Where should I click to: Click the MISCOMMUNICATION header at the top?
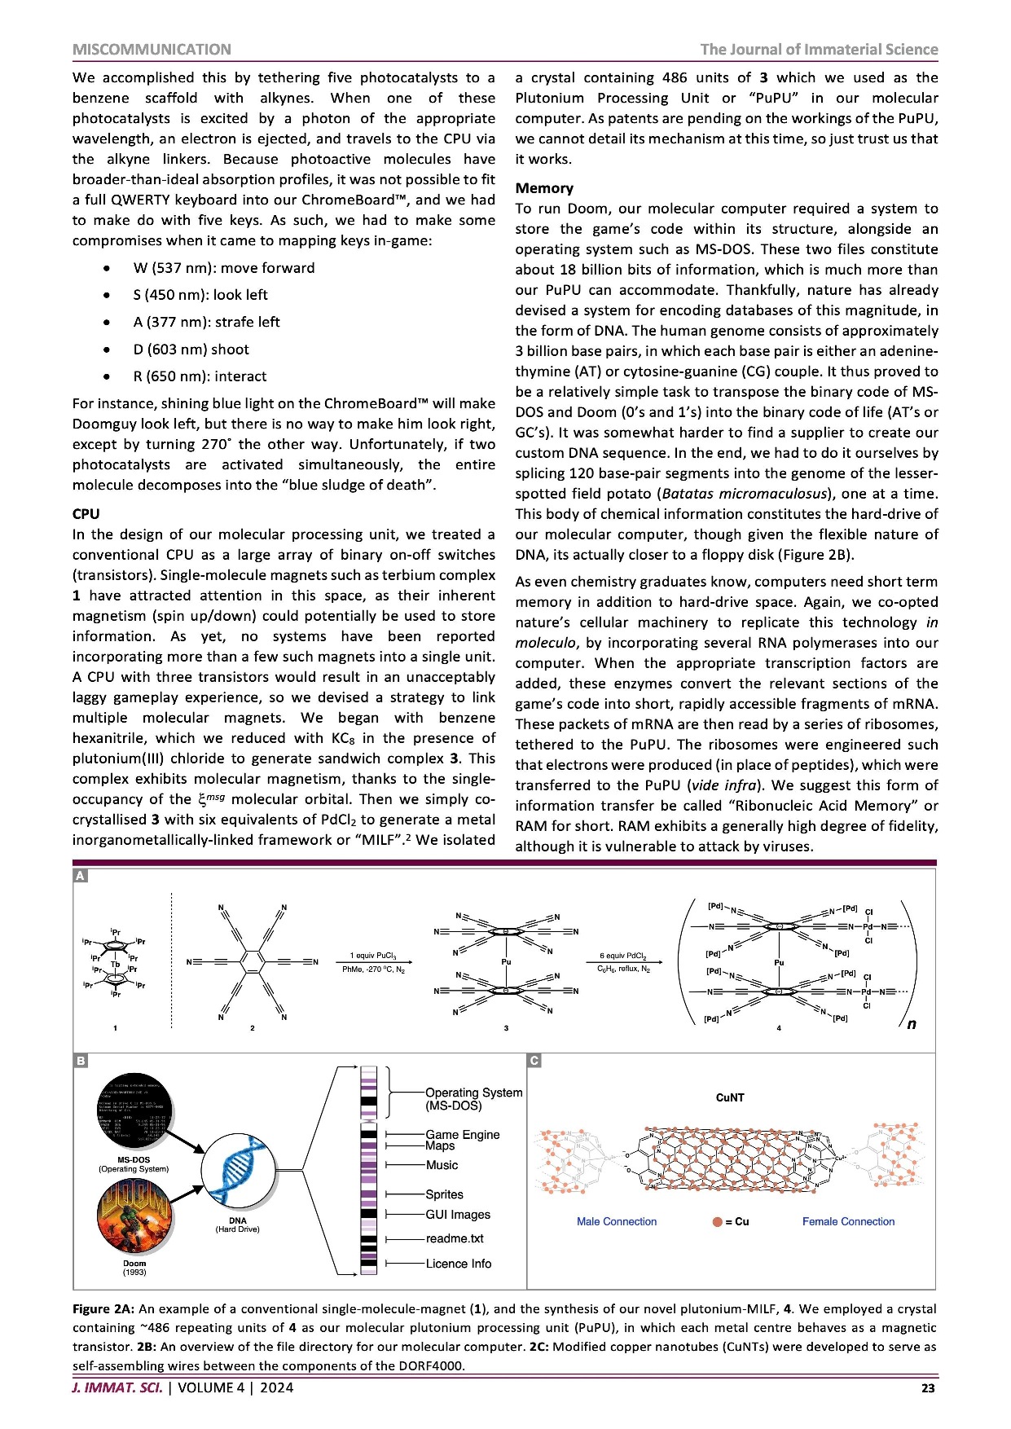152,50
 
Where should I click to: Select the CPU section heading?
86,514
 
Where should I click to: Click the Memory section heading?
544,188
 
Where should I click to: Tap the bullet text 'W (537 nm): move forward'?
224,268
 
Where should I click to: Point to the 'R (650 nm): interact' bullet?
200,376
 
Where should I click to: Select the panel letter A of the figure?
80,876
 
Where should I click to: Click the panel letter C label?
534,1061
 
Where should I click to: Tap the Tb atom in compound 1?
116,964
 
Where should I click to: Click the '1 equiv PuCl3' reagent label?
373,955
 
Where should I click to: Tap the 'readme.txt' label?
454,1238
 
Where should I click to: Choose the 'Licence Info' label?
458,1264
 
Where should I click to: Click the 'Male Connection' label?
617,1221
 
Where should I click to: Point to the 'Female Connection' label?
848,1221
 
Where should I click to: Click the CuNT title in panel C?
730,1097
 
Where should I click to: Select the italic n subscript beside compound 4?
911,1024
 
